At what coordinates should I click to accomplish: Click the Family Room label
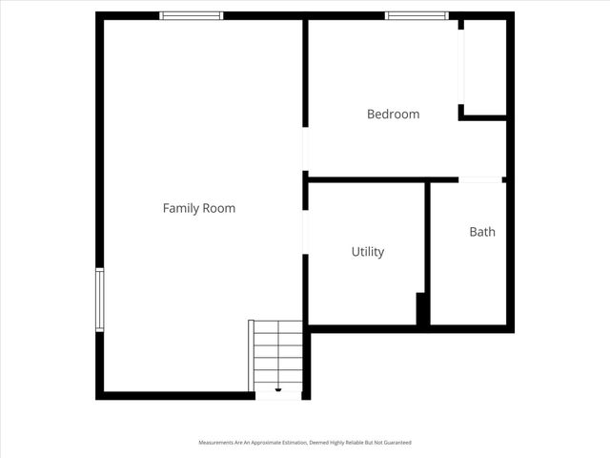pos(198,208)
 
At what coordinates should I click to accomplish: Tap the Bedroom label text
pos(393,114)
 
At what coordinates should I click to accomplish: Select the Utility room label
pos(367,252)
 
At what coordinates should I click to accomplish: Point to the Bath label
pos(481,232)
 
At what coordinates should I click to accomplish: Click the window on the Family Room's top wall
pos(191,16)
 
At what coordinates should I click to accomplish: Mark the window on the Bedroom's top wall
pos(417,16)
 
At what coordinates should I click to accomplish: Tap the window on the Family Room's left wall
pos(99,301)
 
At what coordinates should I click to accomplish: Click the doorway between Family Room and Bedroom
pos(305,150)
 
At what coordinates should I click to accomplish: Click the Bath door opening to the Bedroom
pos(480,179)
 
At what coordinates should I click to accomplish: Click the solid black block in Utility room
pos(421,308)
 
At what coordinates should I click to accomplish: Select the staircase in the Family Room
pos(278,355)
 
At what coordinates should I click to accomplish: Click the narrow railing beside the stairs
pos(252,355)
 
